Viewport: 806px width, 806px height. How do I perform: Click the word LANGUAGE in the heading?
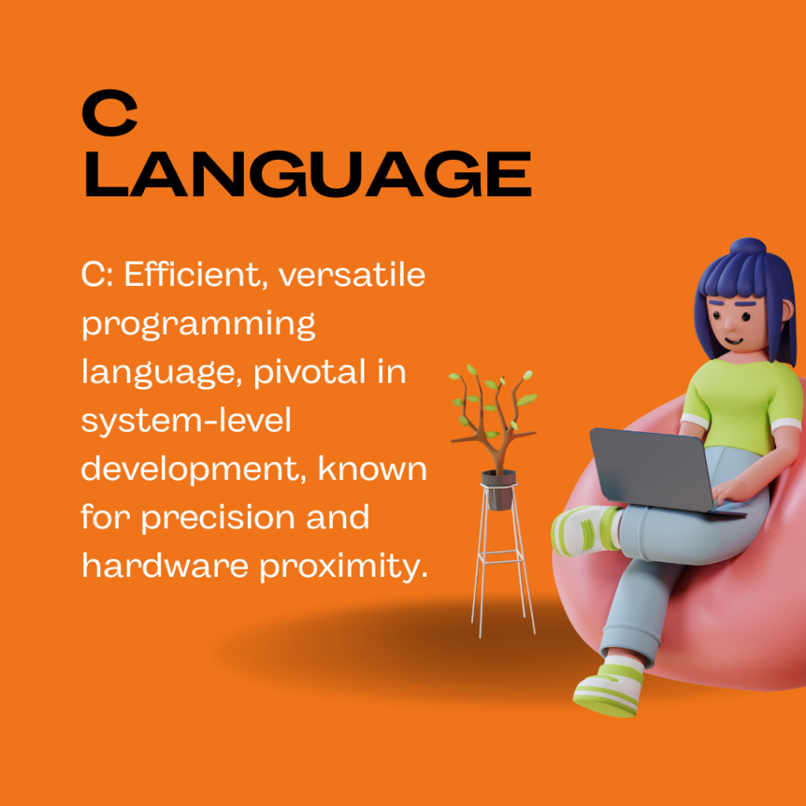(x=308, y=174)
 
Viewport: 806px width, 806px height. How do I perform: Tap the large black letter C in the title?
(x=109, y=113)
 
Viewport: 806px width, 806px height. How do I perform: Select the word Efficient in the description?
(x=192, y=275)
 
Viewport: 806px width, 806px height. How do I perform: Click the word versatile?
(x=352, y=275)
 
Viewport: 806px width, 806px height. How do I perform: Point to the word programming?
(x=198, y=325)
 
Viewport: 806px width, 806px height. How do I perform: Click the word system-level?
(x=186, y=421)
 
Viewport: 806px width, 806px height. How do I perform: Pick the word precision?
(x=219, y=518)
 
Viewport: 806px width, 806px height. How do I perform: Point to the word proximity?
(x=343, y=566)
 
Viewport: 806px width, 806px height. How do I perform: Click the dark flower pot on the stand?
(x=498, y=489)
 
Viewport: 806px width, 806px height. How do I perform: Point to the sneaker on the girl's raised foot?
(x=586, y=531)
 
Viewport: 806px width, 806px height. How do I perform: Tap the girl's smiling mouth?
(x=734, y=340)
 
